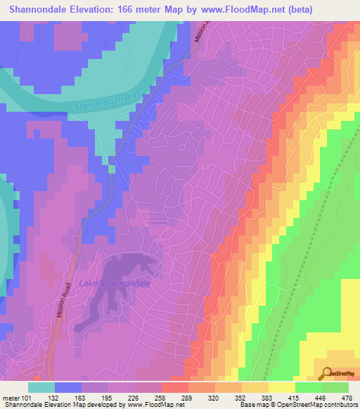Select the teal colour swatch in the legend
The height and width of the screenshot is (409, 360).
41,387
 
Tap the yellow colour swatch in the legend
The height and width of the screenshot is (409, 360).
281,387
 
